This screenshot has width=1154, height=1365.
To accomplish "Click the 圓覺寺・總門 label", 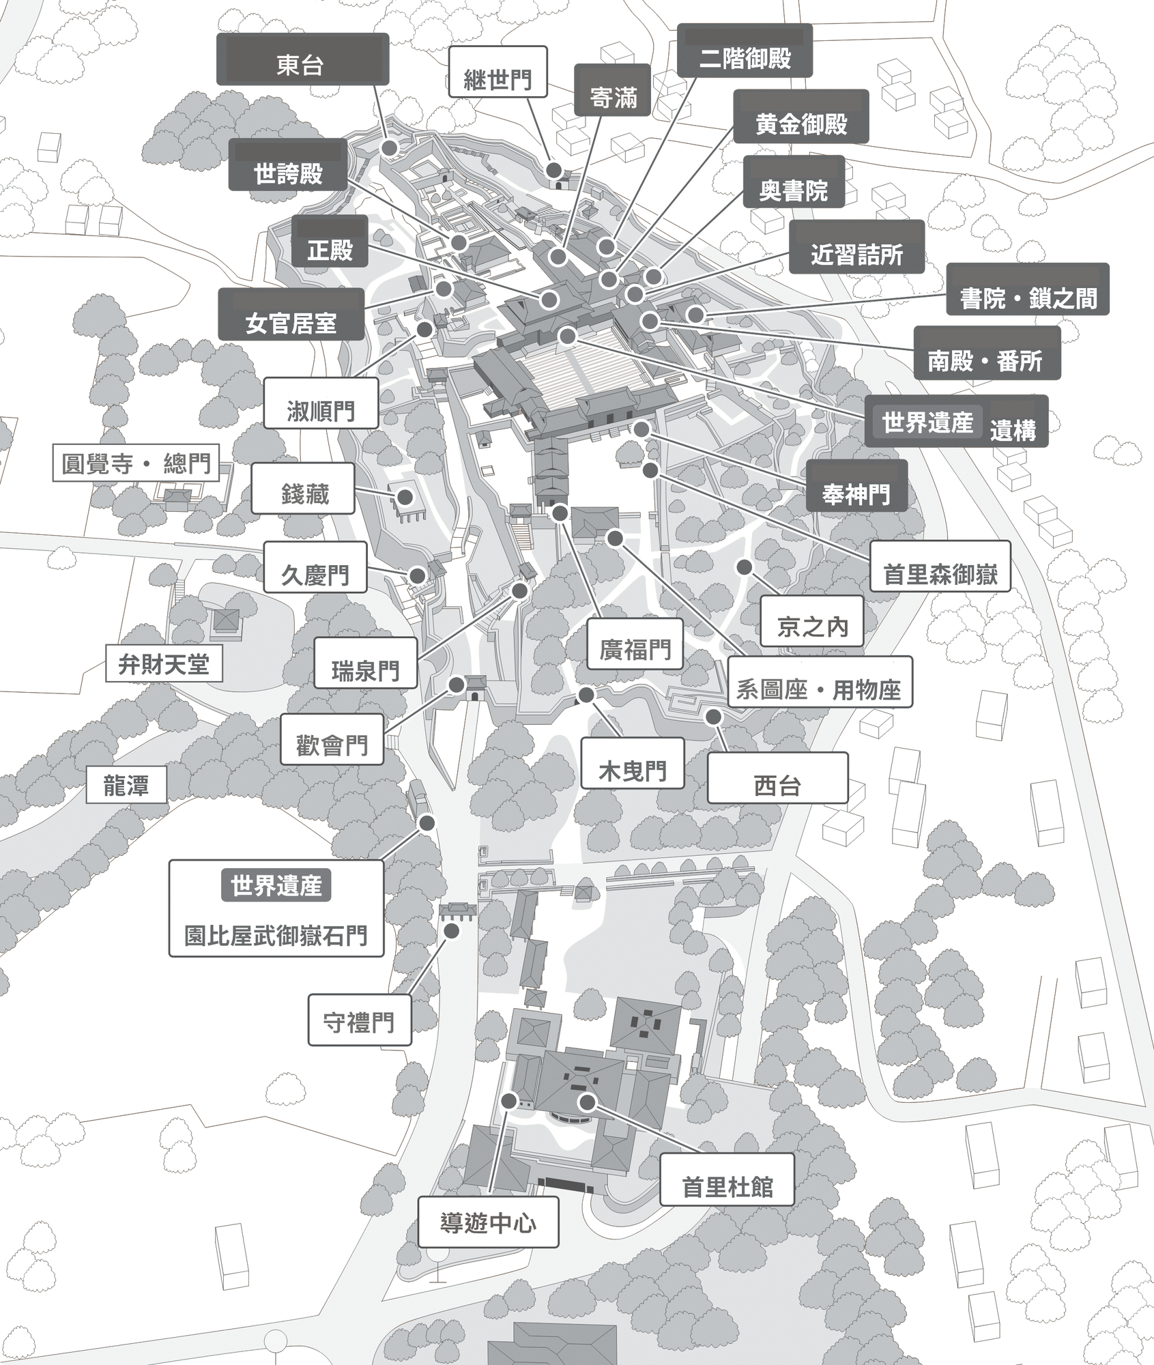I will coord(136,463).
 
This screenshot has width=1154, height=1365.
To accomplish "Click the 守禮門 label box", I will coord(359,1022).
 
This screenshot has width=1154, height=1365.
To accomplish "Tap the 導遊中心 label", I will coord(488,1222).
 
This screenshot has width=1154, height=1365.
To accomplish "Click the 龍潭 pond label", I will coord(126,785).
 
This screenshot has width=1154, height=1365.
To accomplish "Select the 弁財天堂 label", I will coord(164,663).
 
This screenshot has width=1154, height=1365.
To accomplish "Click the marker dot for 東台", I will coord(390,148).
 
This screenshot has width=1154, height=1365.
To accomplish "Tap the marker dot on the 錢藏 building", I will coord(405,498).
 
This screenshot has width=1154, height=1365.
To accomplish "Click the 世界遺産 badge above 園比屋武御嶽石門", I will coord(276,885).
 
